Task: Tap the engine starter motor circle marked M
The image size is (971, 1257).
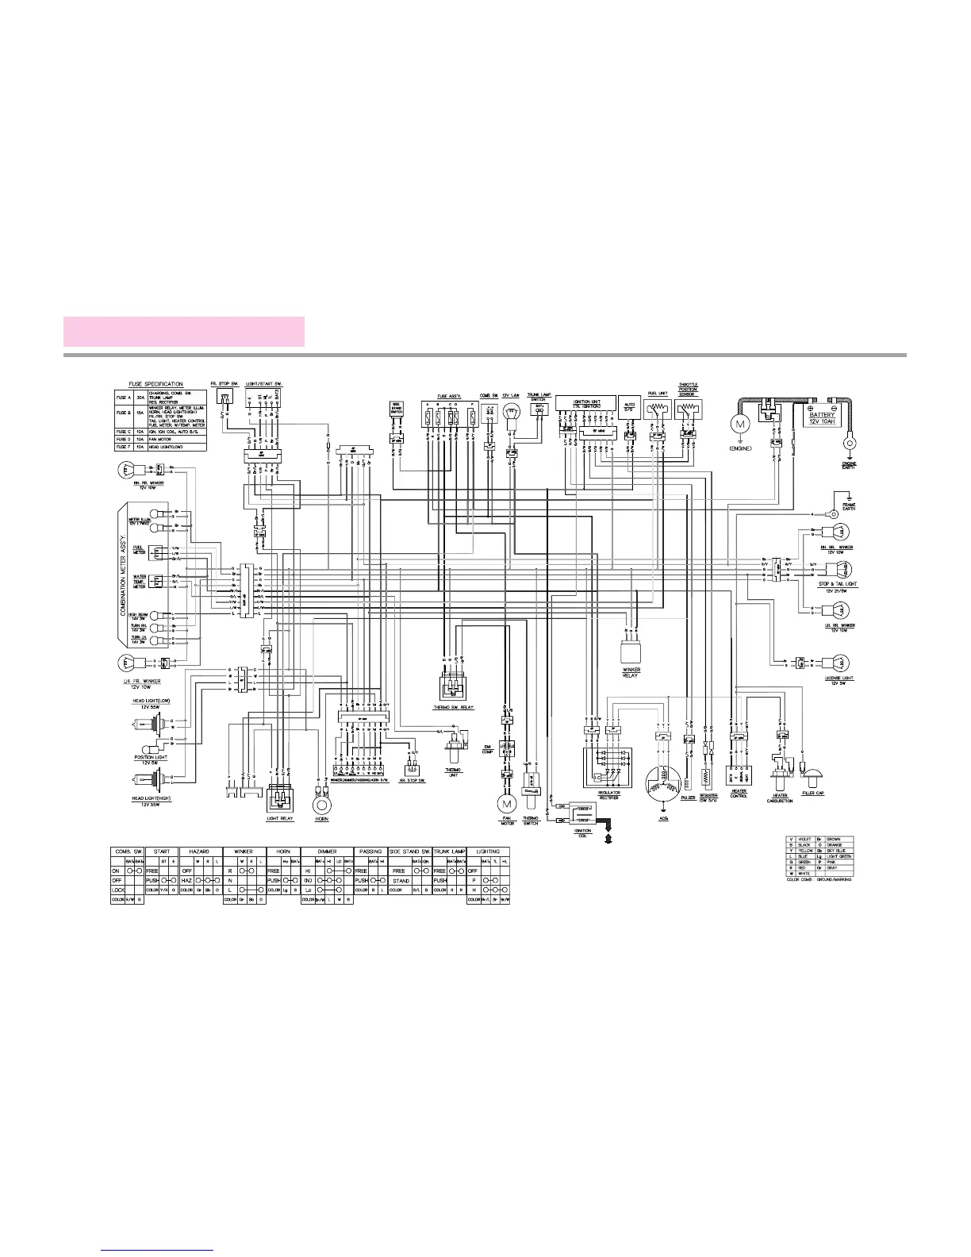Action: (x=741, y=425)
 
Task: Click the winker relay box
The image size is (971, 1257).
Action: (x=631, y=652)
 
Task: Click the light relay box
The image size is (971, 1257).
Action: (x=280, y=797)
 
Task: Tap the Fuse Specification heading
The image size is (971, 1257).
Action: (x=155, y=384)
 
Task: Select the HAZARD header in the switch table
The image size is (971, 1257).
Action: (x=200, y=851)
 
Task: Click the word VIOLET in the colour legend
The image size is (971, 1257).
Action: (x=804, y=839)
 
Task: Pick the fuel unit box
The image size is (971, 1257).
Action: (x=656, y=410)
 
